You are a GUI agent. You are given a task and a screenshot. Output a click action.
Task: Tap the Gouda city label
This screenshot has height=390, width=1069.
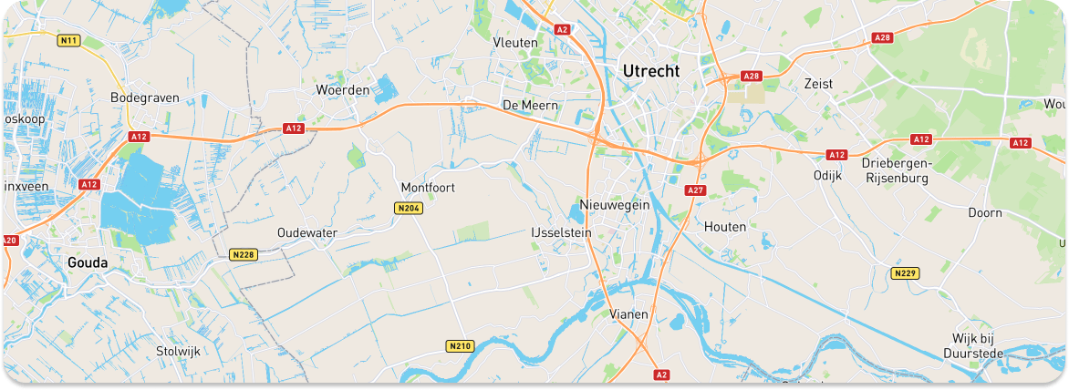(88, 262)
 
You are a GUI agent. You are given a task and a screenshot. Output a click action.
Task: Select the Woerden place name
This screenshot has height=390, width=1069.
(342, 90)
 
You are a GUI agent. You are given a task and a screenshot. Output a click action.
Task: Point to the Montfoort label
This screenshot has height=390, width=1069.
(428, 188)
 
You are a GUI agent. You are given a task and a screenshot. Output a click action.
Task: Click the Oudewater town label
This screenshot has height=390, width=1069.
(307, 233)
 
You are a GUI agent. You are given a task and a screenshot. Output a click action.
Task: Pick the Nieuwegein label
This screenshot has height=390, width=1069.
(615, 205)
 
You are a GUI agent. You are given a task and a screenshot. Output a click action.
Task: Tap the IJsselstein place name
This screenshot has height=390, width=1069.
(561, 233)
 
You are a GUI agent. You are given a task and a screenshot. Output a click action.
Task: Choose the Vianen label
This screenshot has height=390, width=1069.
(628, 314)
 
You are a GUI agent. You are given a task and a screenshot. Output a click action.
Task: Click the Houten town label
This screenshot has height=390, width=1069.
(725, 226)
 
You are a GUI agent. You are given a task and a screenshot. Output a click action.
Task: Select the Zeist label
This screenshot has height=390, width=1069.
(819, 83)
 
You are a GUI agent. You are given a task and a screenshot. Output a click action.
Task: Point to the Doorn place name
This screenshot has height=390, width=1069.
(985, 212)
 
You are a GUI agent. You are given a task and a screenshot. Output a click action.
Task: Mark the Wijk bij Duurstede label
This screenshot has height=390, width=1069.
(975, 346)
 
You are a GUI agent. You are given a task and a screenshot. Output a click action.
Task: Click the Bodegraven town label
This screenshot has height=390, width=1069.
(144, 97)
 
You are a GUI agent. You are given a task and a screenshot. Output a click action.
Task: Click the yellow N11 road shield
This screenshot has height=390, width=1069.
(68, 40)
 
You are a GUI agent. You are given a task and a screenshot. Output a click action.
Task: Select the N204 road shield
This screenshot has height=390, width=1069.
(409, 209)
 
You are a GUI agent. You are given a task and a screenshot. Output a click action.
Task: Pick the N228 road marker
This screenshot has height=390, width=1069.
(243, 254)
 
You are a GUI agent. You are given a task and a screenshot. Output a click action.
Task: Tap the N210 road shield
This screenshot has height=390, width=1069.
(460, 346)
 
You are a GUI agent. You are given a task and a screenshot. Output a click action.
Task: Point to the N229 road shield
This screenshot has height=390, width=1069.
(904, 273)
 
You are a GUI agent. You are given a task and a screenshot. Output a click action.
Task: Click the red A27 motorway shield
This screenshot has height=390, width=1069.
(696, 190)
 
